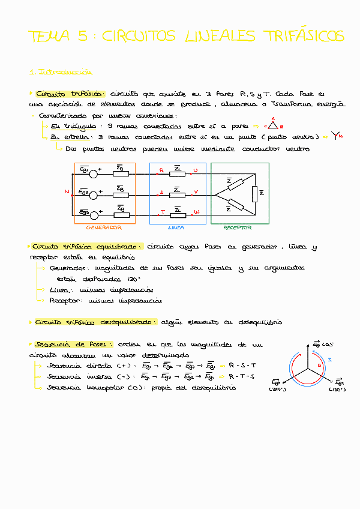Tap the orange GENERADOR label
pyautogui.click(x=104, y=228)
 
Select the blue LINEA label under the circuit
pyautogui.click(x=176, y=228)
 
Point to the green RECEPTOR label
pyautogui.click(x=237, y=228)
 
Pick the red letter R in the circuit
pyautogui.click(x=161, y=170)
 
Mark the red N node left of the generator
pyautogui.click(x=67, y=192)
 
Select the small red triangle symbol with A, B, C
pyautogui.click(x=273, y=125)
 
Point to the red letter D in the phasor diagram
pyautogui.click(x=319, y=366)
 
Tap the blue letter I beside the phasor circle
pyautogui.click(x=337, y=358)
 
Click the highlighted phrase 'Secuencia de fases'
pyautogui.click(x=59, y=345)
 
